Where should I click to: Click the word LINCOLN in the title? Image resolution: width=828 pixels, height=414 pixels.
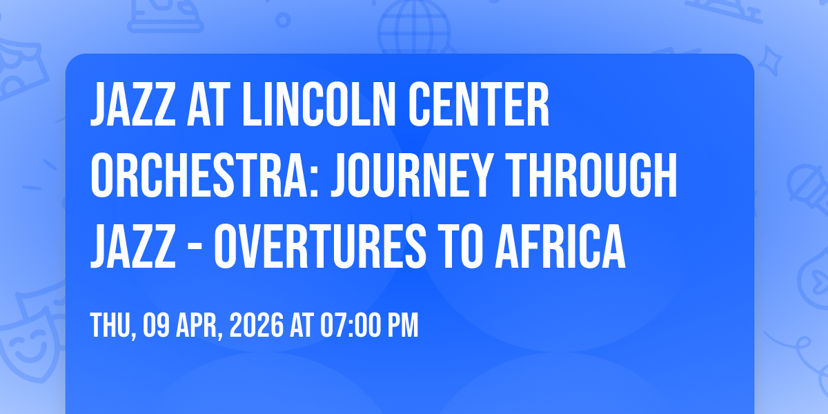(x=319, y=105)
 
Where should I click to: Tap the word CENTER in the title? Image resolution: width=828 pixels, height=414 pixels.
(x=478, y=105)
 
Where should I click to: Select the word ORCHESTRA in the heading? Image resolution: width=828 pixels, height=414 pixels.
(x=200, y=175)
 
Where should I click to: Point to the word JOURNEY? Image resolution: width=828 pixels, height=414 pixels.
(x=412, y=175)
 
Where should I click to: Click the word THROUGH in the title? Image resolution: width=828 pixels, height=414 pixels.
(x=591, y=175)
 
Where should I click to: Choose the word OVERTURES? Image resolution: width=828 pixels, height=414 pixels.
(x=320, y=246)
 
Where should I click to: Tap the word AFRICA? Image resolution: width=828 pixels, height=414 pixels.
(x=560, y=246)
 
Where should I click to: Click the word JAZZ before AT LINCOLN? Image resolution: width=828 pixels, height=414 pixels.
(x=132, y=105)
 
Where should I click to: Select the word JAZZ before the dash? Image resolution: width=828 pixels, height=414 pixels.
(x=132, y=246)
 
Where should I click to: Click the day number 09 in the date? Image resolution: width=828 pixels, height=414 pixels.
(x=157, y=325)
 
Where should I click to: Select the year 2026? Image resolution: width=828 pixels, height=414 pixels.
(x=257, y=325)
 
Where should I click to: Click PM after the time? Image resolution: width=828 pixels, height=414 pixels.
(x=402, y=325)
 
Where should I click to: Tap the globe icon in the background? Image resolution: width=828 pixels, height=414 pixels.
(x=415, y=27)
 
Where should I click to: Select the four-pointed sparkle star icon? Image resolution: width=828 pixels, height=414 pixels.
(x=769, y=60)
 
